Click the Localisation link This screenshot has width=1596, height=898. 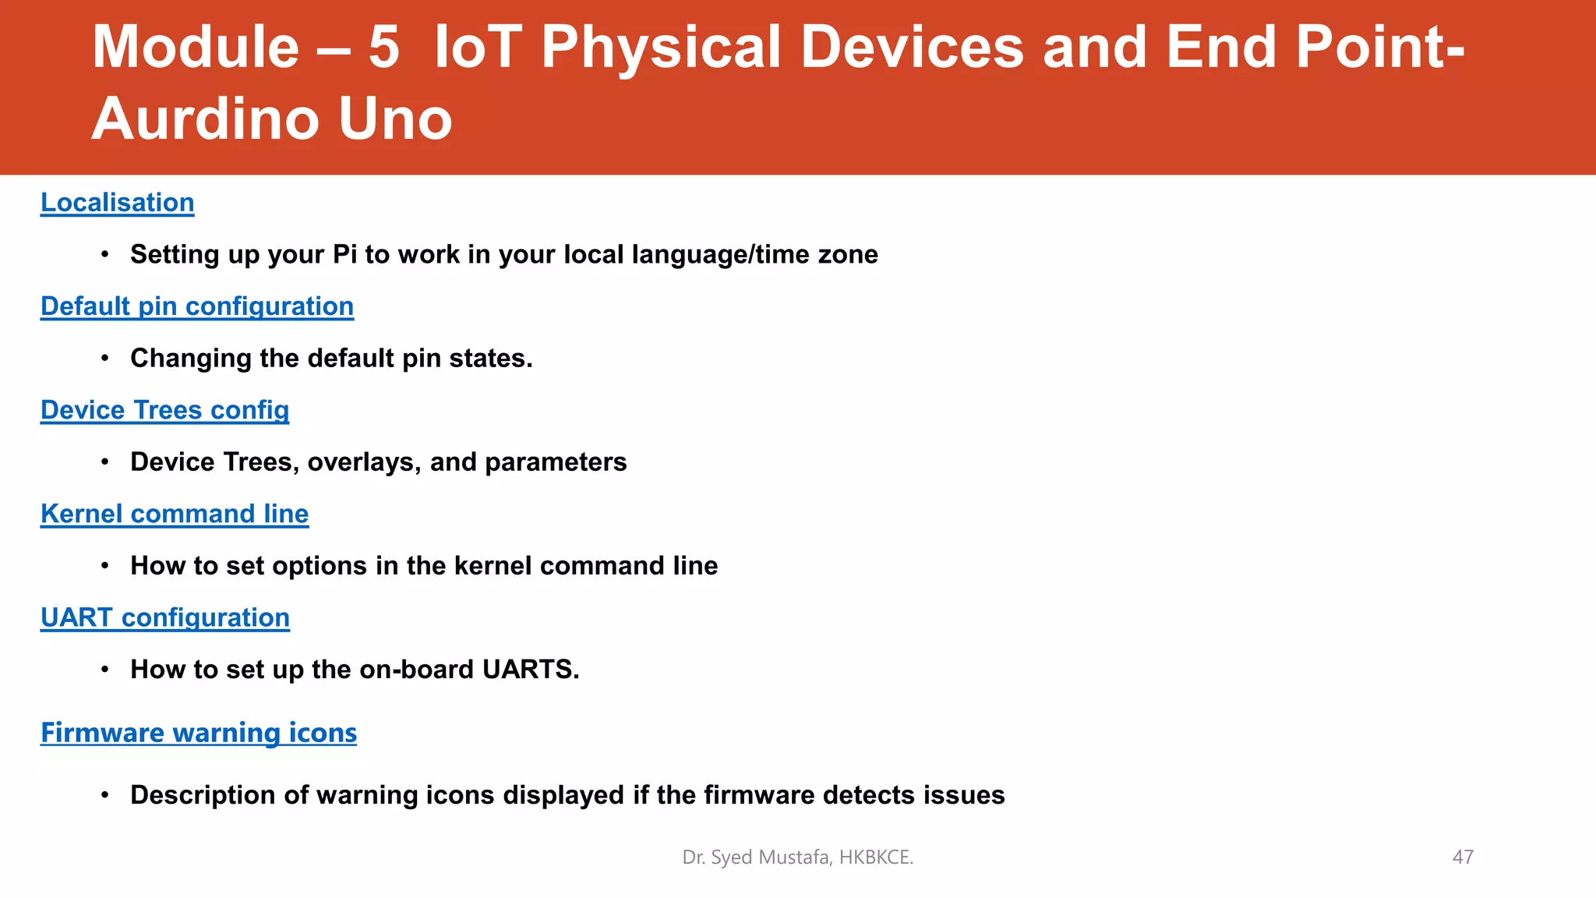coord(117,203)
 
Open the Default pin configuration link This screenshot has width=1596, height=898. coord(197,306)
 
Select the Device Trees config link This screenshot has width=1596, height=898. coord(164,410)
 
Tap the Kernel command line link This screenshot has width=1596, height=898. coord(175,514)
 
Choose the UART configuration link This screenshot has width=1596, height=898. coord(165,617)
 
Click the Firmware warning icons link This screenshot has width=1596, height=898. coord(199,733)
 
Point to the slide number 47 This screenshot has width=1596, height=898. coord(1463,857)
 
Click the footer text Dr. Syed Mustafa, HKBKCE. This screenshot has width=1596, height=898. coord(797,857)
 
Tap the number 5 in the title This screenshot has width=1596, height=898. coord(383,48)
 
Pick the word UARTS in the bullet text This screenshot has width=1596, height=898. coord(530,670)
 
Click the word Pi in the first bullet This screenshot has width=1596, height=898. coord(344,255)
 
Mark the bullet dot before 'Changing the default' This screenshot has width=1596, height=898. coord(104,359)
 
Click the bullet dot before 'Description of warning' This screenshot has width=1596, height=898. coord(104,795)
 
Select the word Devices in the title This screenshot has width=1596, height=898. coord(912,48)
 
